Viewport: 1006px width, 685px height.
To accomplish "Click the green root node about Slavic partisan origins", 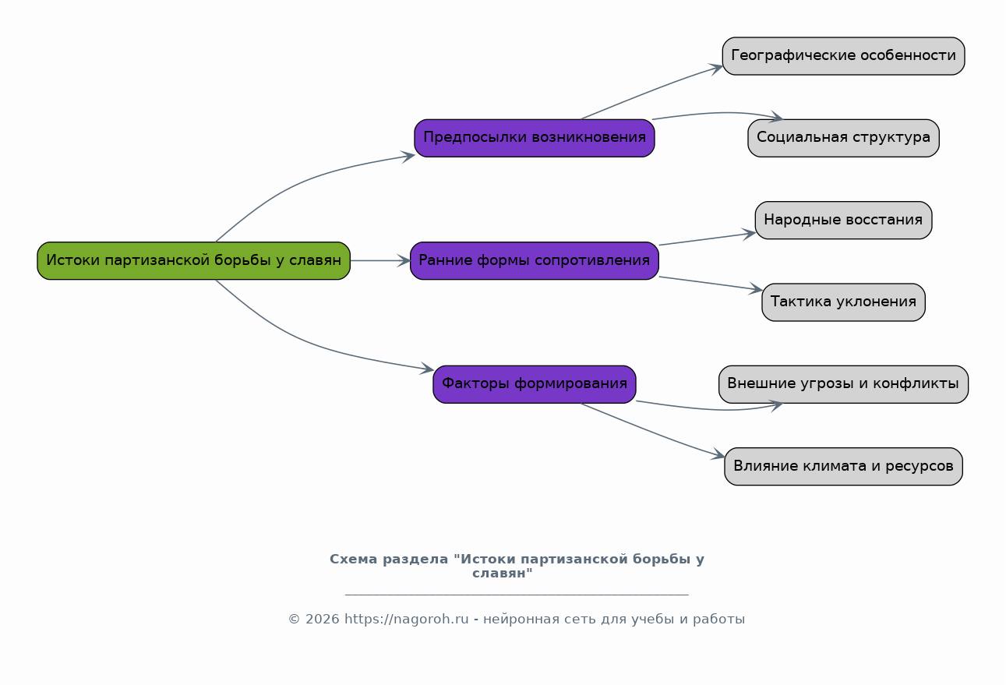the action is point(193,260).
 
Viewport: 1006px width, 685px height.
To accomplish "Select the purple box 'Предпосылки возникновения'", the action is point(535,138).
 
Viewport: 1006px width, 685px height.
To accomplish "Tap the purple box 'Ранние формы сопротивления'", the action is point(535,260).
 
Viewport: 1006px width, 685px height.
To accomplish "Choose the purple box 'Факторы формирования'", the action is point(535,384).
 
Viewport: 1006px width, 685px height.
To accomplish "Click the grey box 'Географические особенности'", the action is point(843,55).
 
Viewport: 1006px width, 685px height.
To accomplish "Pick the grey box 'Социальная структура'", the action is point(843,138).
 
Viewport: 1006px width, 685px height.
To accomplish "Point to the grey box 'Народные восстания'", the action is point(843,220).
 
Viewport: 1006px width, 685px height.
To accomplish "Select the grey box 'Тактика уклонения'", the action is point(843,302).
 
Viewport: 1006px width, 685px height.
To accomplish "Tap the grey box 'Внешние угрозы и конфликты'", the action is point(843,384).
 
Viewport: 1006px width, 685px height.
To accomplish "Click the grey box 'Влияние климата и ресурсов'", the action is point(843,466).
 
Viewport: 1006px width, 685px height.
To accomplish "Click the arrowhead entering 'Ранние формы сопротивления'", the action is point(404,260).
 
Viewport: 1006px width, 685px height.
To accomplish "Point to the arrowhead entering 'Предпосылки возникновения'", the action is point(408,157).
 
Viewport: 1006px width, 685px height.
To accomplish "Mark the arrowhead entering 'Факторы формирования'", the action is point(427,369).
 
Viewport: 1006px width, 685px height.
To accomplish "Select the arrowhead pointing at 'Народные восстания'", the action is point(748,234).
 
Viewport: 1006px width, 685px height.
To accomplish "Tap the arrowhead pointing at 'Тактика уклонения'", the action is point(755,289).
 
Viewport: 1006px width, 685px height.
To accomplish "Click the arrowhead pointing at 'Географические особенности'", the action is point(716,69).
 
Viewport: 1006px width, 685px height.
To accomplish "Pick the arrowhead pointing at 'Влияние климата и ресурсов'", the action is point(718,454).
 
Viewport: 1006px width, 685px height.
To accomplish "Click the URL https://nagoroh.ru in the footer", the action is point(407,619).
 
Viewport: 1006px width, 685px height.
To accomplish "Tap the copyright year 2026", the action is point(322,620).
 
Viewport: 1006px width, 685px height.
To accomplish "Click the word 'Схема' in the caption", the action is point(354,560).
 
